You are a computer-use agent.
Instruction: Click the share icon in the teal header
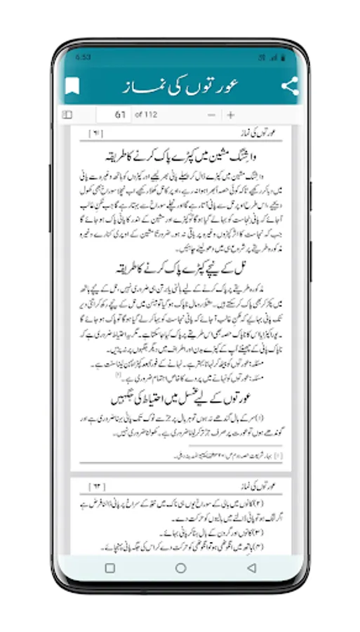(289, 86)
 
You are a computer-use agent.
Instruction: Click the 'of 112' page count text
(145, 115)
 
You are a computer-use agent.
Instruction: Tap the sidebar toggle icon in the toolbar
(67, 115)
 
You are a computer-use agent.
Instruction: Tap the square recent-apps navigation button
(110, 568)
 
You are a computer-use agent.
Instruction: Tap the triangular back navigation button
(251, 568)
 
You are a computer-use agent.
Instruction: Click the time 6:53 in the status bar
(82, 56)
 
